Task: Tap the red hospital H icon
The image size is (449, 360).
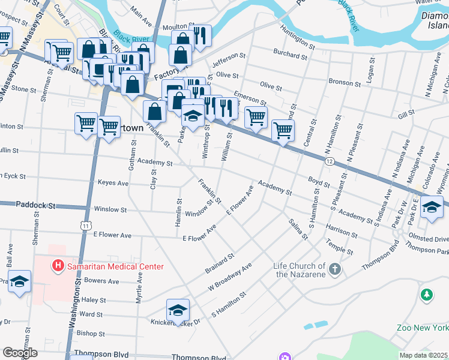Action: point(58,265)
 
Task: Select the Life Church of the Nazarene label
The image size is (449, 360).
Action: point(300,270)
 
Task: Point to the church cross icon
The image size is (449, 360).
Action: point(335,269)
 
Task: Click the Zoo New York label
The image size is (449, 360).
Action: point(423,328)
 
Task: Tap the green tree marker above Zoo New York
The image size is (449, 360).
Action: point(426,295)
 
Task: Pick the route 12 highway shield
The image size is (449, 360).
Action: point(329,161)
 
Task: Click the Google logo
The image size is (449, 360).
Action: point(19,352)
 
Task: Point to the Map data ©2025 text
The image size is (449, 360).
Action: point(423,355)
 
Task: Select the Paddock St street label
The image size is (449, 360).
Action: point(35,205)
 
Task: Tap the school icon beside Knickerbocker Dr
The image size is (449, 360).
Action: point(178,310)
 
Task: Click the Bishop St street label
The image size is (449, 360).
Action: point(91,333)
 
